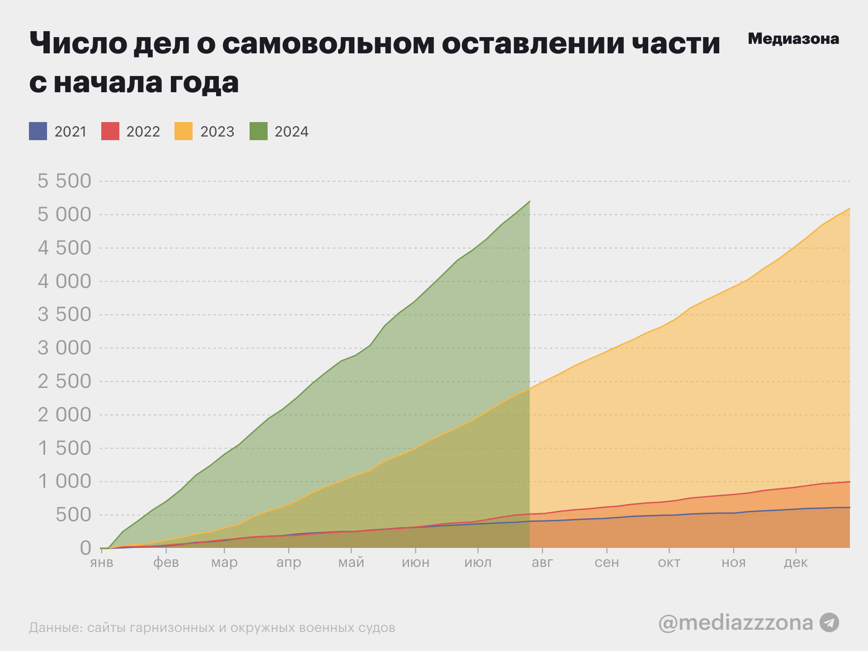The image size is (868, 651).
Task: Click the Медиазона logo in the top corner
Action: (793, 39)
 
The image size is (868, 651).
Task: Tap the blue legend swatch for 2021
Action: (38, 131)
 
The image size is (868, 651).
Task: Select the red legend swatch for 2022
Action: (110, 131)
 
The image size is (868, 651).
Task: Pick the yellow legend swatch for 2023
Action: (184, 131)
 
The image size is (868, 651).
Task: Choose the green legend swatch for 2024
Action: (259, 131)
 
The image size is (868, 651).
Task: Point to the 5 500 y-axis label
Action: (64, 181)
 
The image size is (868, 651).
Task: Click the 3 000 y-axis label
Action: (64, 348)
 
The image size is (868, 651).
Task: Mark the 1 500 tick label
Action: (64, 448)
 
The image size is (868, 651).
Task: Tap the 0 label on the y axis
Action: (85, 548)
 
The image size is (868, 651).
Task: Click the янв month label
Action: (102, 563)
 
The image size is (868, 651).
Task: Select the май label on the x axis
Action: (351, 563)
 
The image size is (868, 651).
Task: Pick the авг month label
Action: (542, 563)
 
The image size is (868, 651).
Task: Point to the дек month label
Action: (796, 563)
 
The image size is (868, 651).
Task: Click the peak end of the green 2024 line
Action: (529, 202)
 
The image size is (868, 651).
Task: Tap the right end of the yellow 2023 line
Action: (849, 209)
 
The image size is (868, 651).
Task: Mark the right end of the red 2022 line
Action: (849, 482)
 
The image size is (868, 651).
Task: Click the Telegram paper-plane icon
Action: (830, 623)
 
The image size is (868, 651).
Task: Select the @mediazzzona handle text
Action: (736, 623)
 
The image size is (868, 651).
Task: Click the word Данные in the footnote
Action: (54, 628)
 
